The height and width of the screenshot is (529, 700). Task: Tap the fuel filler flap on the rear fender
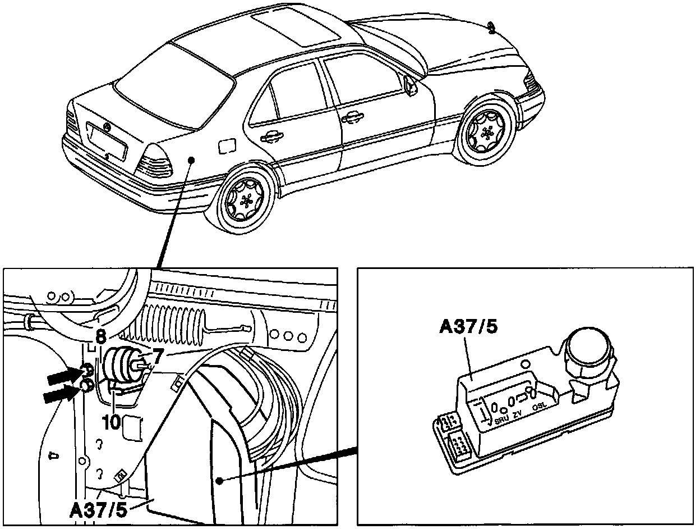point(227,146)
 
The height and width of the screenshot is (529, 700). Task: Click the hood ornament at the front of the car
point(492,27)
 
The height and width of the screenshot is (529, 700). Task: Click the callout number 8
point(100,338)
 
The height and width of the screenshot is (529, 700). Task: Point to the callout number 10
point(112,422)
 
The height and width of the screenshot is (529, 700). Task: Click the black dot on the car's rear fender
point(191,160)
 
